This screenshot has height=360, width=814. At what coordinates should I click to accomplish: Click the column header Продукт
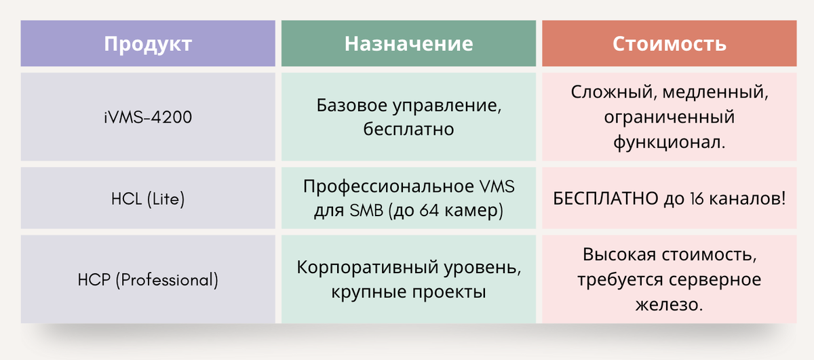pyautogui.click(x=148, y=44)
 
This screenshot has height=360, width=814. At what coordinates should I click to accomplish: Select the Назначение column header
pyautogui.click(x=408, y=44)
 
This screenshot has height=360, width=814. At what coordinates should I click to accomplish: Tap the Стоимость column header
pyautogui.click(x=669, y=44)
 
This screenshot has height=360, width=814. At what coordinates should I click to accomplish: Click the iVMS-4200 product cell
pyautogui.click(x=148, y=117)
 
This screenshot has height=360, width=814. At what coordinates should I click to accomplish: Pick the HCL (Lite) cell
pyautogui.click(x=148, y=199)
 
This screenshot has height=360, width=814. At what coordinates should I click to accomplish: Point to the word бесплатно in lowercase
pyautogui.click(x=408, y=129)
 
